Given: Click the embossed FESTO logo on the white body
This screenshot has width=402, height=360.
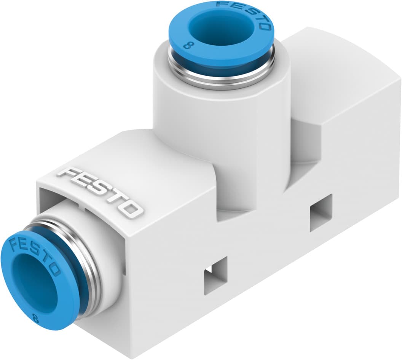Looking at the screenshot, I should pos(100,192).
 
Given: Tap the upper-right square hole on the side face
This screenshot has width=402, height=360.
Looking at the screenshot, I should pos(321,212).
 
